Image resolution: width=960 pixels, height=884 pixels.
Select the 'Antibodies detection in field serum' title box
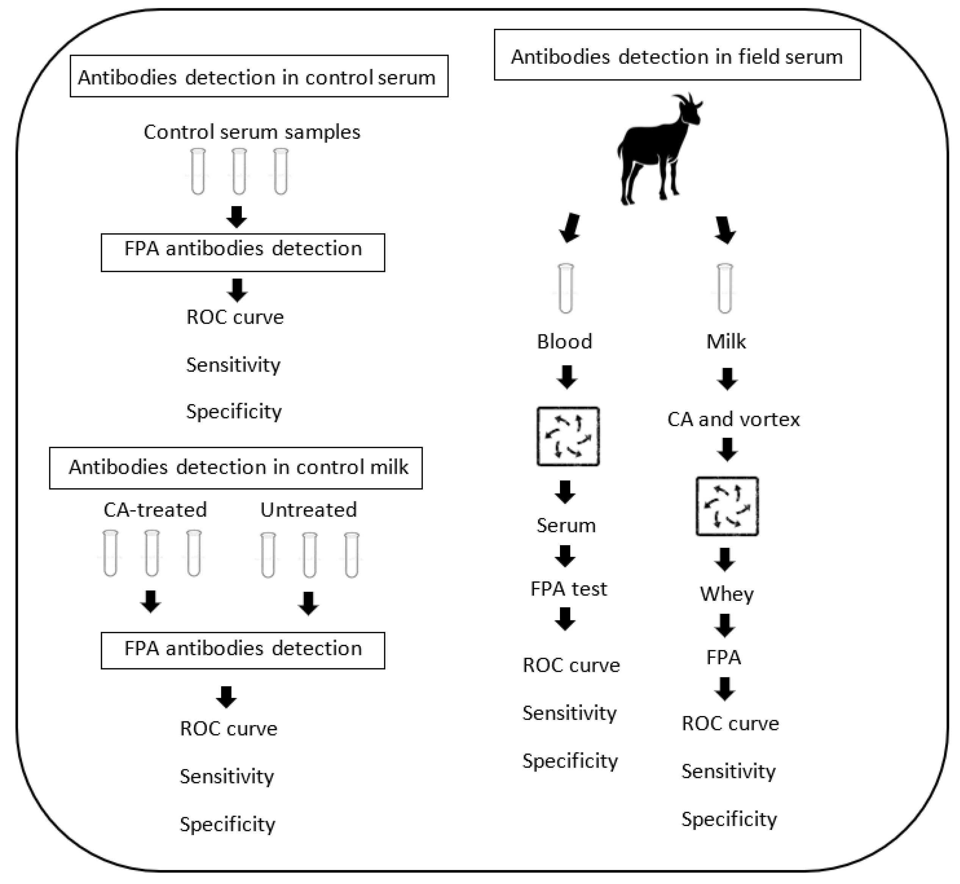coord(677,55)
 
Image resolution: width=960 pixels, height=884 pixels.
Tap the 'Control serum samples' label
coord(252,132)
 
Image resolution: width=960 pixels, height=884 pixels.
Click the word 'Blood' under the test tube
coord(564,342)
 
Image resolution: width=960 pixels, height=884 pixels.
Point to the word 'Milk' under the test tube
coord(726,342)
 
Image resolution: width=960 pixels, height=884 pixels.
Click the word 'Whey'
coord(727,594)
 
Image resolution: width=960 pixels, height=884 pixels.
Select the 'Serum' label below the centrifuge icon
coord(566,525)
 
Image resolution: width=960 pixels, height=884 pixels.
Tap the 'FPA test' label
coord(568,589)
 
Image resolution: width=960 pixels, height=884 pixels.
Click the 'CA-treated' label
coord(155,510)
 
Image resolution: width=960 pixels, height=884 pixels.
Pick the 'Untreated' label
coord(308,510)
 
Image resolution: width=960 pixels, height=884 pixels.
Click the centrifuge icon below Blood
coord(568,436)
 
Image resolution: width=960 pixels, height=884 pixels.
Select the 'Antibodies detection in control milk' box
coord(236,468)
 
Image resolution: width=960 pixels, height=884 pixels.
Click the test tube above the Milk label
coord(725,288)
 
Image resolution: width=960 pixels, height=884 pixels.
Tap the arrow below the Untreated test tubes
coord(308,603)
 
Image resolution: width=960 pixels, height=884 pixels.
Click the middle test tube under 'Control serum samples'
coord(239,171)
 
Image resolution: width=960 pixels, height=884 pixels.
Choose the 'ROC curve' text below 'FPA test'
coord(571,665)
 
